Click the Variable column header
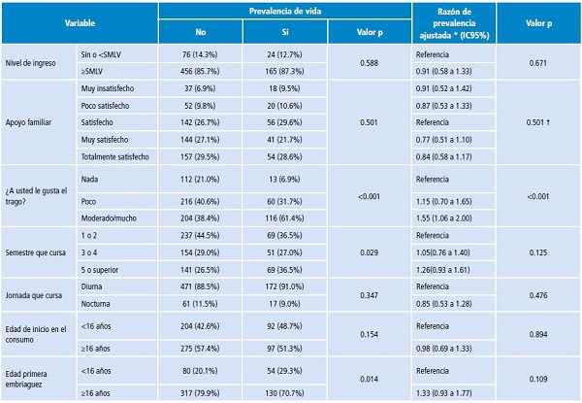pyautogui.click(x=80, y=21)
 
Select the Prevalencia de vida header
pyautogui.click(x=280, y=11)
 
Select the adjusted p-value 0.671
pyautogui.click(x=540, y=63)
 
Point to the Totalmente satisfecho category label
pyautogui.click(x=115, y=153)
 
